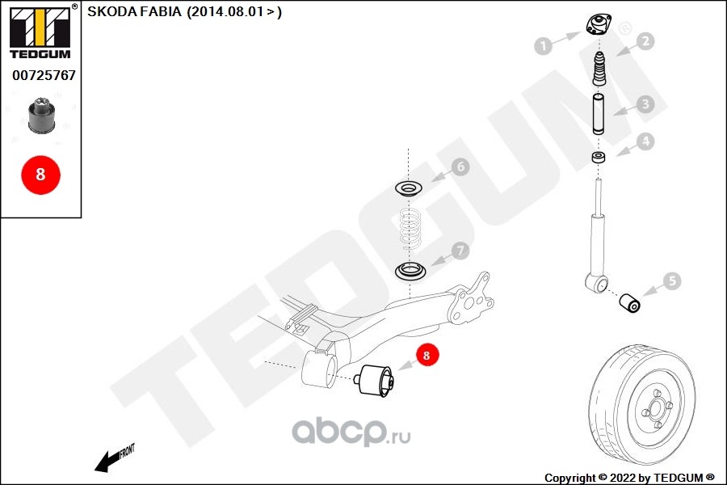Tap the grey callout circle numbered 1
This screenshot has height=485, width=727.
pyautogui.click(x=544, y=46)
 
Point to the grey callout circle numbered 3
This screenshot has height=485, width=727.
pyautogui.click(x=644, y=103)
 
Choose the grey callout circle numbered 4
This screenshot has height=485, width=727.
pyautogui.click(x=644, y=141)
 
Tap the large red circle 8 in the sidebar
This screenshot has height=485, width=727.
pyautogui.click(x=40, y=173)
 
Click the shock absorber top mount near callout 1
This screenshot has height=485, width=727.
pyautogui.click(x=599, y=26)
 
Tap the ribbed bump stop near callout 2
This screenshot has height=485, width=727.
pyautogui.click(x=600, y=70)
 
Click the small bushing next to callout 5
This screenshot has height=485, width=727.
pyautogui.click(x=629, y=302)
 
